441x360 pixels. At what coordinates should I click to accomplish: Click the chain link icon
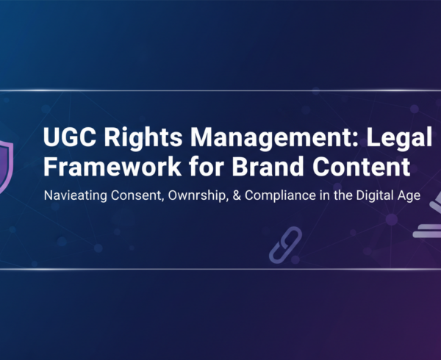286,245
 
